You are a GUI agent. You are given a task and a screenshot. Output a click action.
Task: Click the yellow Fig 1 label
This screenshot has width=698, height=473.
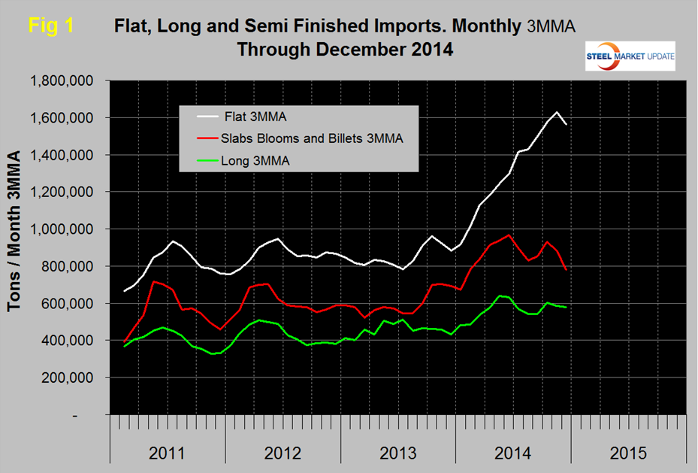[x=50, y=25]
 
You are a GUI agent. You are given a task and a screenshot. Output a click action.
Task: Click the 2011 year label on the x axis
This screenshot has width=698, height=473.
[x=168, y=453]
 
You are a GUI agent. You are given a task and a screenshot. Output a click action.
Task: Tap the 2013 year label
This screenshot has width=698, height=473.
[x=398, y=453]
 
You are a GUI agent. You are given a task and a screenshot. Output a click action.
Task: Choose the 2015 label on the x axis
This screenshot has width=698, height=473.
[x=628, y=453]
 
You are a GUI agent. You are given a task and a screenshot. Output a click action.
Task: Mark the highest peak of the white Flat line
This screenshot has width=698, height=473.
[x=556, y=113]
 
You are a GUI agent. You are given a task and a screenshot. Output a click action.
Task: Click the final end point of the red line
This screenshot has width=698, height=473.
[x=566, y=269]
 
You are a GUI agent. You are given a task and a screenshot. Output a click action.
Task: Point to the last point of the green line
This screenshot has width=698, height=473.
[x=566, y=308]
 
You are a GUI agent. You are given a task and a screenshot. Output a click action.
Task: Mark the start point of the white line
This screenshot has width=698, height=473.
[x=125, y=291]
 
